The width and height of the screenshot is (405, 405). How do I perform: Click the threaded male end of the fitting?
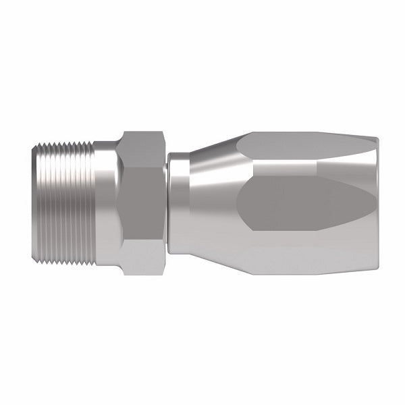[x=64, y=202]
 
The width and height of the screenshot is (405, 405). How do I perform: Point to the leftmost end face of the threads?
[x=34, y=202]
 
